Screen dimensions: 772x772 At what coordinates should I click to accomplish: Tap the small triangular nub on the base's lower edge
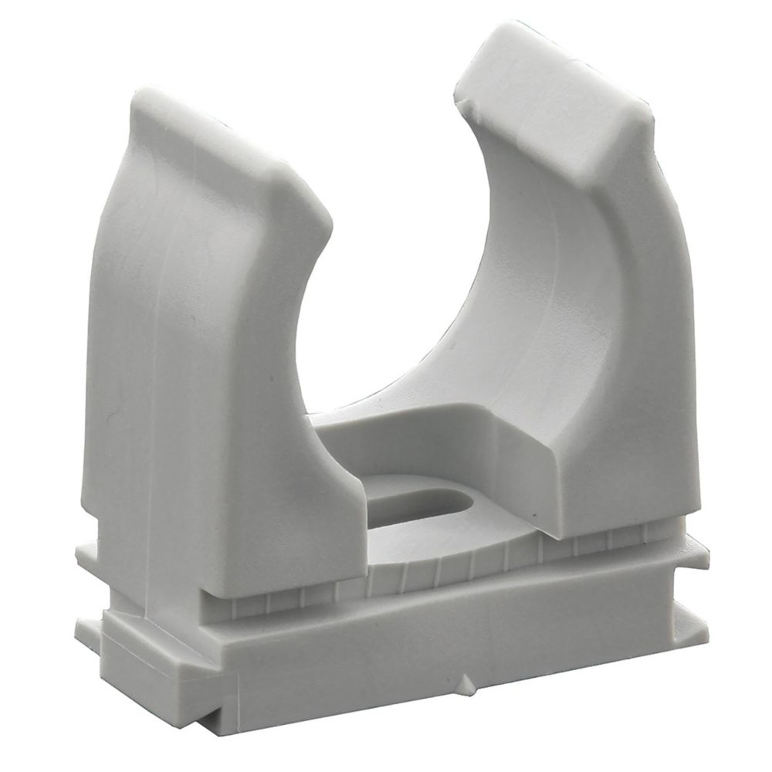[466, 683]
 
